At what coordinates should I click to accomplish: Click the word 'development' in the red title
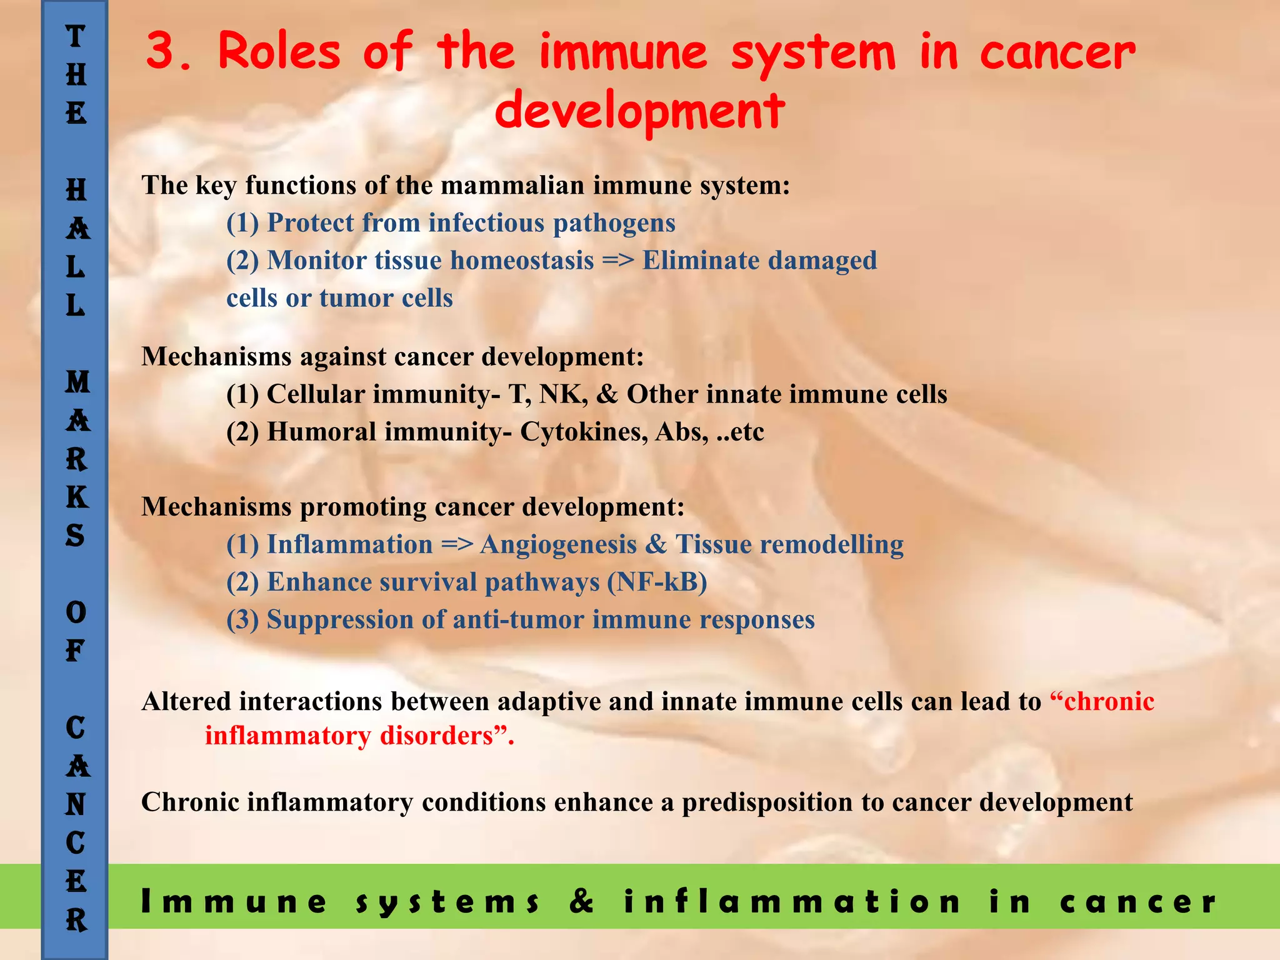(639, 111)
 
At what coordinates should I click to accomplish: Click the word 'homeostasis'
(522, 261)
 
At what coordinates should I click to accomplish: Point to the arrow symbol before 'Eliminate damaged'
(618, 261)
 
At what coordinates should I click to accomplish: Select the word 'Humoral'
(321, 432)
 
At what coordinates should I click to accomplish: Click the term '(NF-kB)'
(657, 582)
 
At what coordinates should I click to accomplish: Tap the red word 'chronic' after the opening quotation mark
(1109, 701)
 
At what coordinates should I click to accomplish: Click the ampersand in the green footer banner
(581, 901)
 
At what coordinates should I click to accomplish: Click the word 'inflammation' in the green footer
(792, 901)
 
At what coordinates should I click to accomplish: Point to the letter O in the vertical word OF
(76, 612)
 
